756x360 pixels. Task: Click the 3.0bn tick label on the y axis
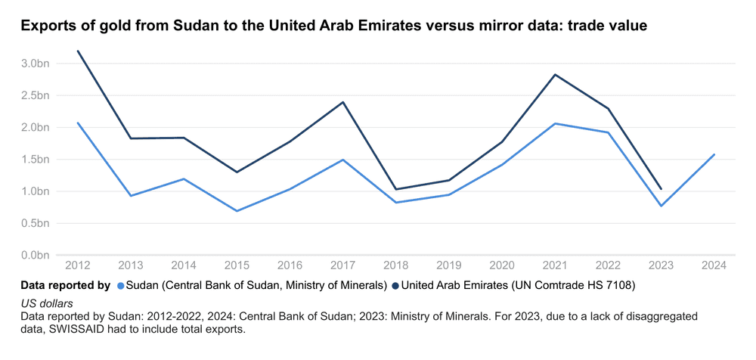[35, 64]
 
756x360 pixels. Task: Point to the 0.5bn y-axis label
[35, 223]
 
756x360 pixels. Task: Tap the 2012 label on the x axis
[78, 265]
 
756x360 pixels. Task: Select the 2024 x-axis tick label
[714, 265]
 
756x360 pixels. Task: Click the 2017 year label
[343, 265]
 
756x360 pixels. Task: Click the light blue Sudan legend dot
[121, 286]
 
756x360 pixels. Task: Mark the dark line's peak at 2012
[78, 51]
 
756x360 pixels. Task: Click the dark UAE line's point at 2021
[555, 75]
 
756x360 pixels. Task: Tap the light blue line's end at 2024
[714, 154]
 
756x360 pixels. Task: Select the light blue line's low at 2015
[237, 211]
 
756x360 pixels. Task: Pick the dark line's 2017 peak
[343, 102]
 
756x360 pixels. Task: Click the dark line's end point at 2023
[661, 189]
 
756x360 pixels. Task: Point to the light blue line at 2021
[555, 123]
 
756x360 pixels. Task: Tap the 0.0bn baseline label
[35, 255]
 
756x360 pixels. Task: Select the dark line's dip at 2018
[396, 189]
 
